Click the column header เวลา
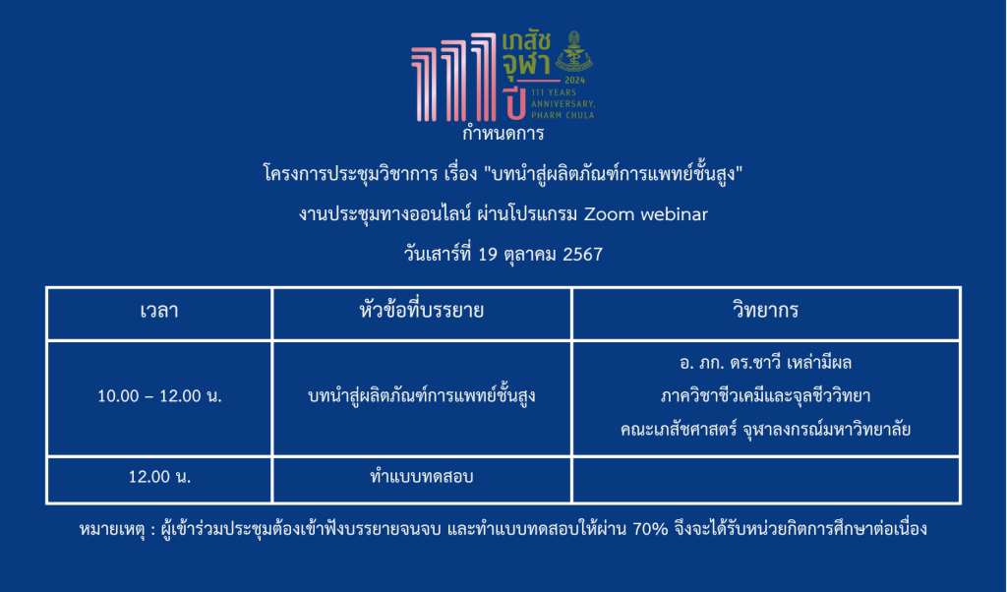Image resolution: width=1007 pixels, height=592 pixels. point(159,312)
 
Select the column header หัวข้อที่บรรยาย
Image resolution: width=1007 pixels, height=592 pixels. point(421,311)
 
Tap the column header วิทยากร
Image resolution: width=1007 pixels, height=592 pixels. point(765,311)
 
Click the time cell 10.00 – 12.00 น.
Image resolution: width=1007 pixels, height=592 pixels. point(159,396)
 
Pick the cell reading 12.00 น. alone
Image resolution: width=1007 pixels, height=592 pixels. point(159,477)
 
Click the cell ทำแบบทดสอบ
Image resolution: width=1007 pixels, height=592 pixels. point(421,477)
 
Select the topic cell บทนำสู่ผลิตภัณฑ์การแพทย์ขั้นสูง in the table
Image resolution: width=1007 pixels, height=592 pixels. point(421,395)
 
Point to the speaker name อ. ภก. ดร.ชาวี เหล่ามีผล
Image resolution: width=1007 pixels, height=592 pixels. point(765,364)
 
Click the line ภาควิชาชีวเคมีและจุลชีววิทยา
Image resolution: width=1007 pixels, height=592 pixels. point(765,396)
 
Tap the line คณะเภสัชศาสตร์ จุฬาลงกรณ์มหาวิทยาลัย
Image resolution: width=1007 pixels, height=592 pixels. point(765,430)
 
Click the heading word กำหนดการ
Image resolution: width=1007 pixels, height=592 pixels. point(503,134)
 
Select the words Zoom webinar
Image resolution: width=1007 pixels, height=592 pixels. point(645,214)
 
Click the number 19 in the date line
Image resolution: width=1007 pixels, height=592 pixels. point(488,255)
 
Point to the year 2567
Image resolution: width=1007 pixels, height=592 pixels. point(582,255)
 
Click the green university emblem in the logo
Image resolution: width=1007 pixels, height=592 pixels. point(573,51)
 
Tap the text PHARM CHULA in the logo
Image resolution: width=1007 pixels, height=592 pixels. point(563,116)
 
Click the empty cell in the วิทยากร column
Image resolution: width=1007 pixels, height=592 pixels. point(765,480)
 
